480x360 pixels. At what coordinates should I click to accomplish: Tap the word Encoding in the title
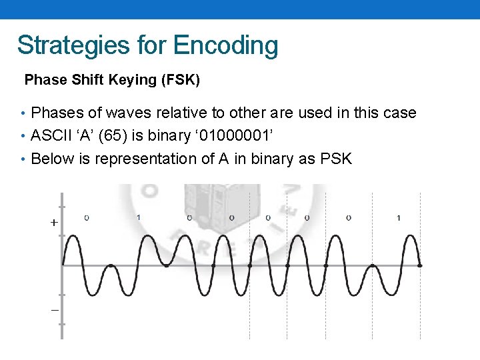tap(225, 45)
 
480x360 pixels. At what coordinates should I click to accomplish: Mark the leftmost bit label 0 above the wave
tap(87, 217)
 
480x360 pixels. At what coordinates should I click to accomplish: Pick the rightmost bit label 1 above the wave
tap(398, 217)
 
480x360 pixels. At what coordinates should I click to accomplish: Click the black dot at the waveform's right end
tap(419, 265)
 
